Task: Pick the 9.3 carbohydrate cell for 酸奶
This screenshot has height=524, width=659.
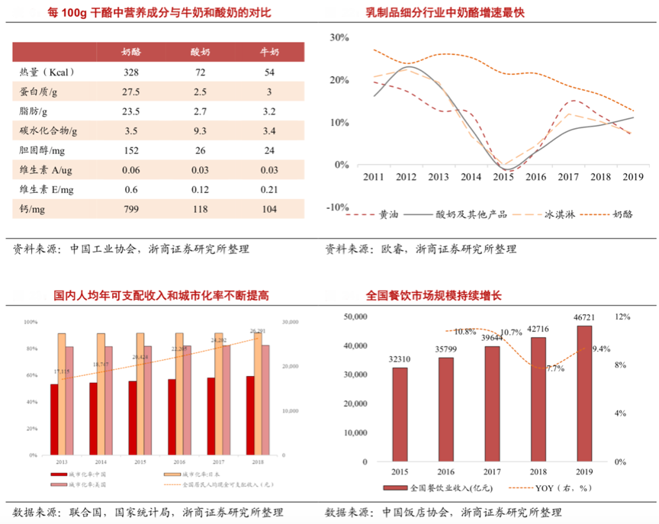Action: tap(200, 130)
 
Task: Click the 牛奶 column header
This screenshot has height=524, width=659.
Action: tap(269, 53)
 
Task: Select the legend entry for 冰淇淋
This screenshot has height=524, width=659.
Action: tap(545, 214)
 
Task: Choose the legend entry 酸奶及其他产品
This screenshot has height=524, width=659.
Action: tap(460, 214)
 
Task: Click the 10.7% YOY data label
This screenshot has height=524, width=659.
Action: tap(511, 333)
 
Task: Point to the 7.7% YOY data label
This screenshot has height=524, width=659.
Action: tap(555, 368)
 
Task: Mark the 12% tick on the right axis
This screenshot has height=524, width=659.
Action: tap(623, 316)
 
